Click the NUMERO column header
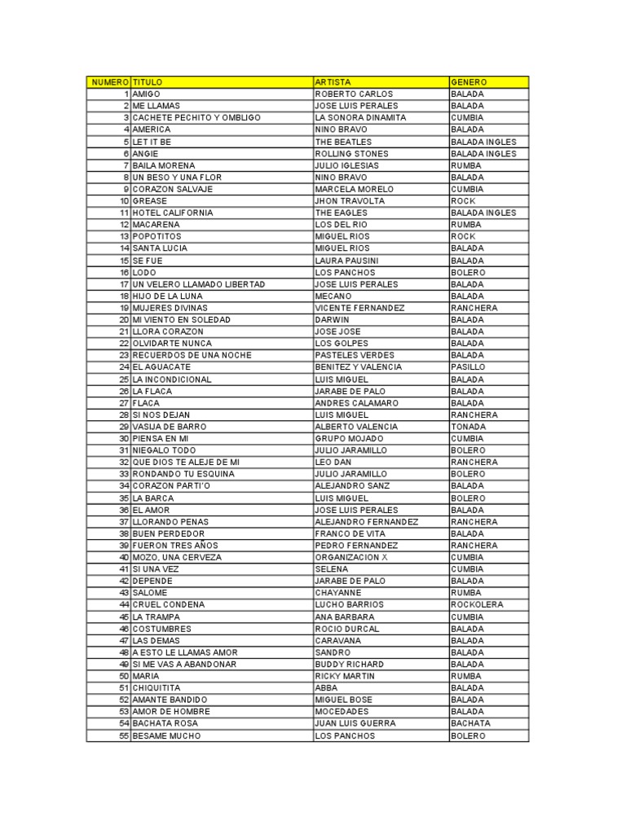tap(109, 82)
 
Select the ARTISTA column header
tap(333, 82)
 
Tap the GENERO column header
tap(469, 82)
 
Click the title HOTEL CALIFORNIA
tap(172, 213)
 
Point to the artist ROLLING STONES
tap(351, 153)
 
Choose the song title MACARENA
tap(156, 225)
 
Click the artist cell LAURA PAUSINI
tap(346, 261)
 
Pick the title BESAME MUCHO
tap(166, 735)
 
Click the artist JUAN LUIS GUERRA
tap(355, 723)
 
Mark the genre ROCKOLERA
tap(477, 605)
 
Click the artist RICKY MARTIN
tap(345, 676)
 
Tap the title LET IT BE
tap(152, 142)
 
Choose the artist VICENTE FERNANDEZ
tap(359, 308)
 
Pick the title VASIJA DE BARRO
tap(169, 427)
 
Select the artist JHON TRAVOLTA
tap(349, 200)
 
